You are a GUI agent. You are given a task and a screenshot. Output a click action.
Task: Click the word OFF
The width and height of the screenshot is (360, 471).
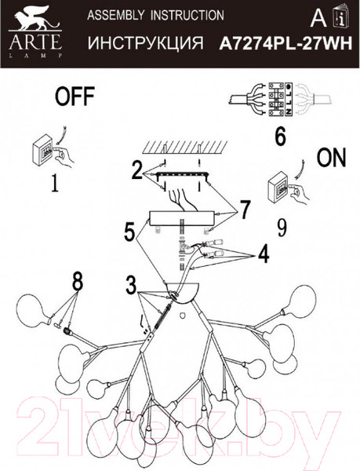[x=75, y=97]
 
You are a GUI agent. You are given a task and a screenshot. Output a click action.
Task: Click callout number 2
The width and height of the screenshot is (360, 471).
[x=138, y=167]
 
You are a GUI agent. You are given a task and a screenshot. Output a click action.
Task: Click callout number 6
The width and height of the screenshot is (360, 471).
[x=279, y=136]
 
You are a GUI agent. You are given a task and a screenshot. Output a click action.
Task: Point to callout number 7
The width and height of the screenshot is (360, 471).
[x=245, y=210]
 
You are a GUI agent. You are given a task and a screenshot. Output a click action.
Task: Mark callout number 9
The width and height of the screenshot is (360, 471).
[x=282, y=228]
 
